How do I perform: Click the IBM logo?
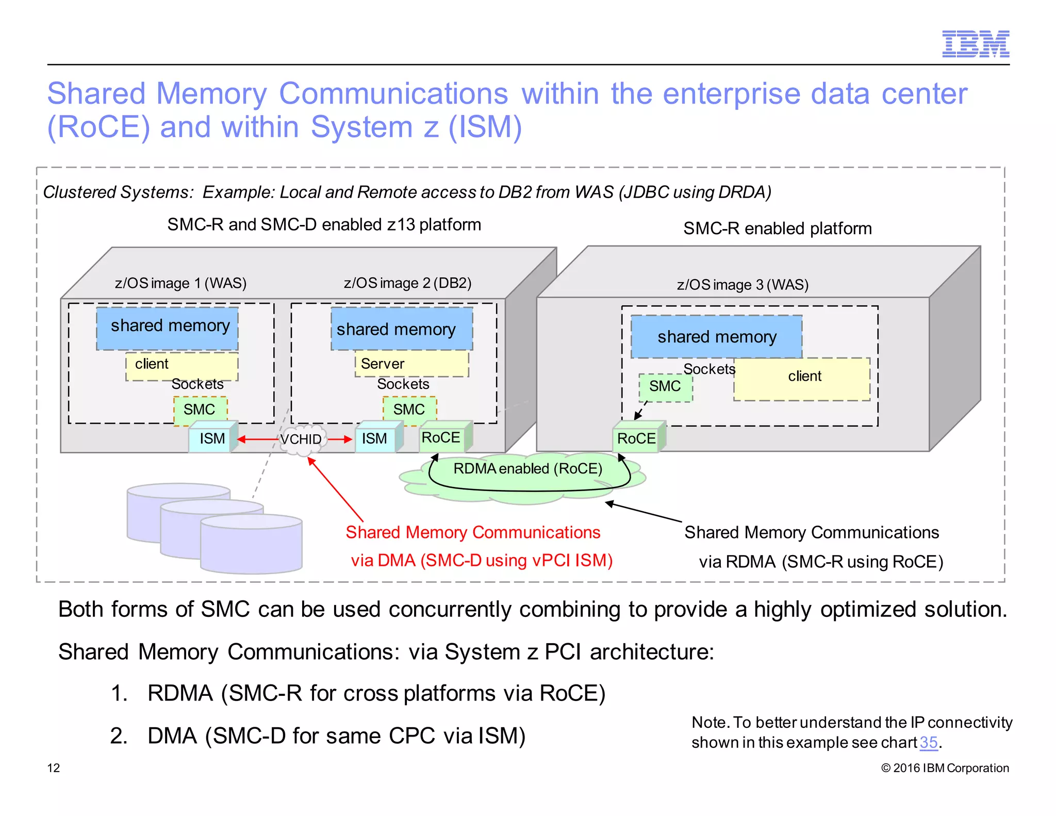[x=975, y=44]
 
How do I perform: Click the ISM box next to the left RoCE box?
[x=375, y=439]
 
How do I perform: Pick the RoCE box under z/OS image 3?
[x=637, y=439]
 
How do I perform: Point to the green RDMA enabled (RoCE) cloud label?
[x=527, y=469]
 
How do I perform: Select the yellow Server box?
[x=411, y=364]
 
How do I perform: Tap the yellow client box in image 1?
[x=181, y=365]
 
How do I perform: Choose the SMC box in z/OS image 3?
[x=665, y=387]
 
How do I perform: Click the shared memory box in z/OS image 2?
[x=401, y=329]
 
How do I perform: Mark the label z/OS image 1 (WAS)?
[x=180, y=283]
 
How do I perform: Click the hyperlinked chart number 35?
[x=928, y=743]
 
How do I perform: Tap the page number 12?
[x=54, y=768]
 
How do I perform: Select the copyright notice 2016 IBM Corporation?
[x=945, y=768]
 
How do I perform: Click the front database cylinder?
[x=251, y=547]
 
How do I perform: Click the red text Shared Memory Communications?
[x=473, y=533]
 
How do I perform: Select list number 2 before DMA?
[x=119, y=736]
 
